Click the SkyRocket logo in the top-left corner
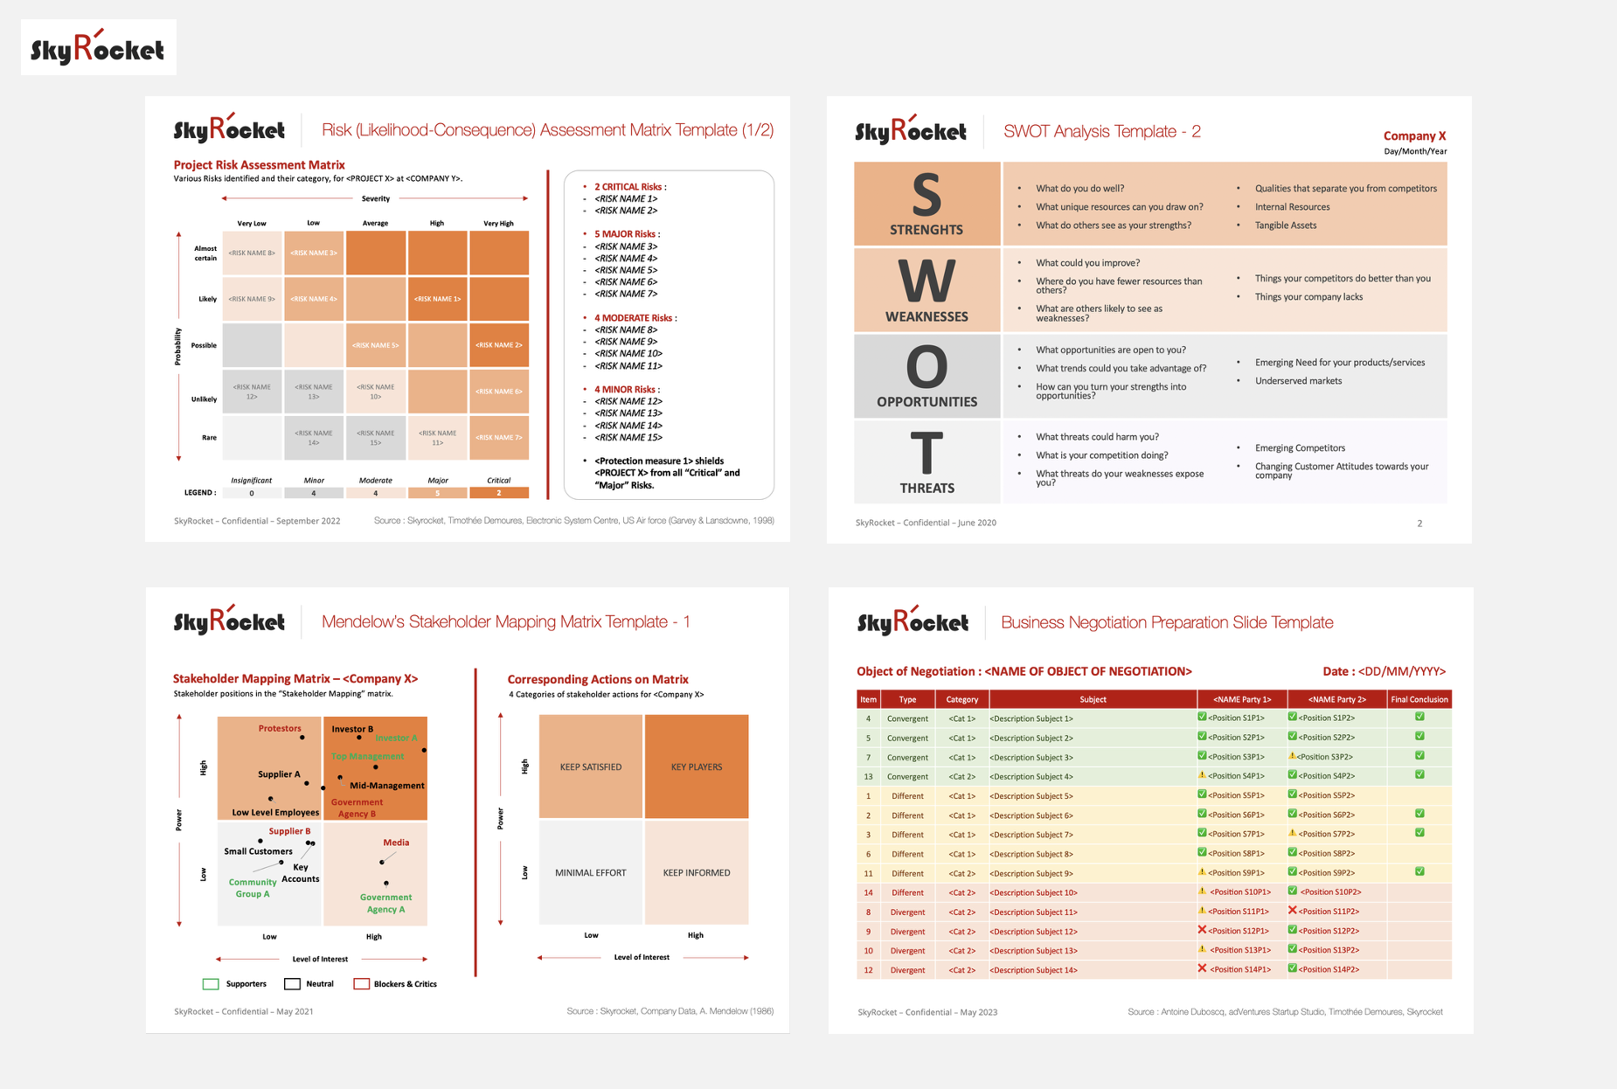coord(98,48)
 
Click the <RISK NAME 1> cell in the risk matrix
coord(438,299)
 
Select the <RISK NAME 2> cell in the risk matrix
coord(499,345)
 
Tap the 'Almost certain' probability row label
coord(205,253)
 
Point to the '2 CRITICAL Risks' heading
coord(629,187)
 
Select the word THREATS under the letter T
coord(927,489)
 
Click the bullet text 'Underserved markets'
coord(1298,381)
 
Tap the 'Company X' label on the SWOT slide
coord(1414,136)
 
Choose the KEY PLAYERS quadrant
coord(697,767)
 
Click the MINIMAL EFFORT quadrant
coord(591,873)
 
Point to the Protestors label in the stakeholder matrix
coord(280,729)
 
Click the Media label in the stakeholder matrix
coord(396,843)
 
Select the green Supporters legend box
coord(211,984)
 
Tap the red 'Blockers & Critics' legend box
coord(361,984)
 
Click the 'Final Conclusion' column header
coord(1419,700)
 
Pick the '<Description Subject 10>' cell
coord(1035,893)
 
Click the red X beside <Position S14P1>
coord(1202,968)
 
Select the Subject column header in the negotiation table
coord(1093,700)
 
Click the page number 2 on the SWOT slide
coord(1419,524)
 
